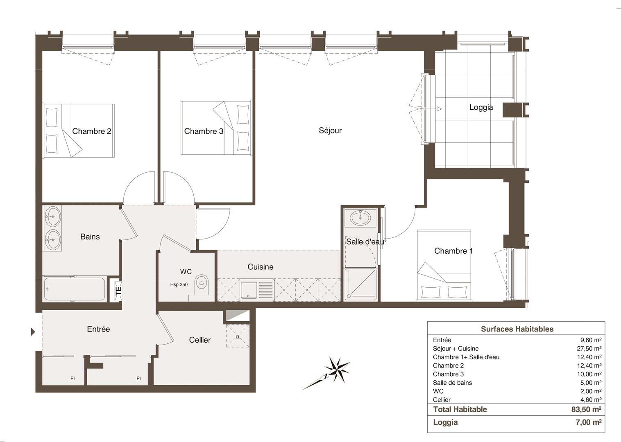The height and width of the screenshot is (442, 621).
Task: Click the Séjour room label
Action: [330, 131]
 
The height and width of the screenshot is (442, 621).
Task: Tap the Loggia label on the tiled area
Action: [481, 108]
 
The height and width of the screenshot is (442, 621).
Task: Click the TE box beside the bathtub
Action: [118, 291]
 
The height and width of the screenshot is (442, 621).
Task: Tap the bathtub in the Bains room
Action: [75, 289]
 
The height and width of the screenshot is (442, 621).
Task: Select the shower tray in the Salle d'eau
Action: [360, 284]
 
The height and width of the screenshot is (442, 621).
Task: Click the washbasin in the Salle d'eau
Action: [360, 218]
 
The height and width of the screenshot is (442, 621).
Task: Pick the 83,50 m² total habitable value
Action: [586, 409]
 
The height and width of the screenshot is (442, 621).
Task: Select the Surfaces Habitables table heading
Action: [517, 329]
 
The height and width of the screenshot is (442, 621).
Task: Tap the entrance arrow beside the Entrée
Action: [33, 331]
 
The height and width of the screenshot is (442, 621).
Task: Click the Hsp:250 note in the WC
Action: [179, 284]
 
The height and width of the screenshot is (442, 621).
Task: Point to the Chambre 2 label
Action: [91, 131]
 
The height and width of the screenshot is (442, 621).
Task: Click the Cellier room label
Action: [199, 340]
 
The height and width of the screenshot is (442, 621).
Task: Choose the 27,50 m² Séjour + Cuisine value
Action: [589, 348]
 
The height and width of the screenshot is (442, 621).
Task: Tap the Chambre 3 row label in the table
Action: [448, 374]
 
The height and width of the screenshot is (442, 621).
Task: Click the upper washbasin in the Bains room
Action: [52, 216]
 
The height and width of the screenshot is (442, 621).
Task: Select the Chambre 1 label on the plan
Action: [453, 251]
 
